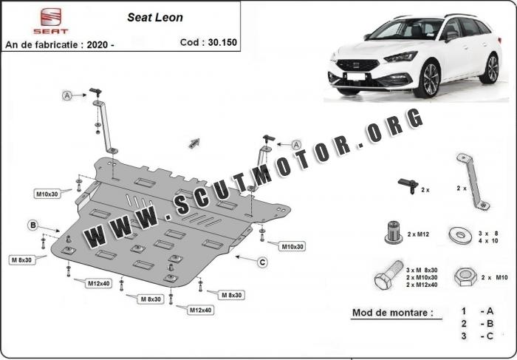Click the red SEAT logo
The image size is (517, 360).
click(x=50, y=21)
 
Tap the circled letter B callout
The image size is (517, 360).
click(x=32, y=224)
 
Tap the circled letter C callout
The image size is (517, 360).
click(x=262, y=261)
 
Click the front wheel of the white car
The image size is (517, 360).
click(x=427, y=80)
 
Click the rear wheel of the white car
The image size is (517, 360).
click(x=490, y=68)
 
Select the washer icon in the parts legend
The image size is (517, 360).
click(x=462, y=235)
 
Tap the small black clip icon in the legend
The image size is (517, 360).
click(x=405, y=185)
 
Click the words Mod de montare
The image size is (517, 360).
click(x=392, y=313)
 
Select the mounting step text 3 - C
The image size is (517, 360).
click(x=477, y=336)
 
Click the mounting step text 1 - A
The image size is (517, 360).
click(x=477, y=313)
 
